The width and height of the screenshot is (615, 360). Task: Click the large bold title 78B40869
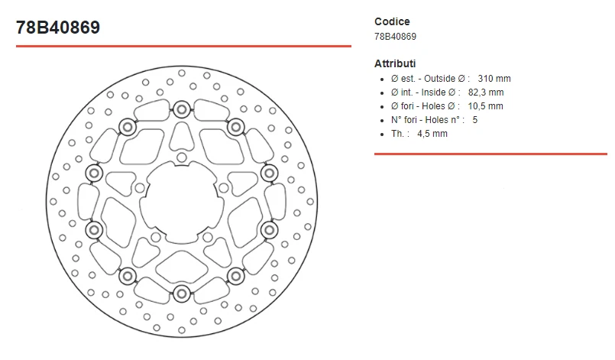click(x=58, y=28)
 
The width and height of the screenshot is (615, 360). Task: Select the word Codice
click(x=392, y=21)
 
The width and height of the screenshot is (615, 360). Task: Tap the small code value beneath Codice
click(x=395, y=36)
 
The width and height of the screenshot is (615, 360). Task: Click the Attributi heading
click(x=395, y=63)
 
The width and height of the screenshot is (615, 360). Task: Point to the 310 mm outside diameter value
click(x=494, y=79)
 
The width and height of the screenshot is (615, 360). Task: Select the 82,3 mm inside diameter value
click(x=485, y=92)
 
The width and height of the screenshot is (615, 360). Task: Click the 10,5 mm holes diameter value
click(x=485, y=106)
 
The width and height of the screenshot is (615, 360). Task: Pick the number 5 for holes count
click(x=475, y=120)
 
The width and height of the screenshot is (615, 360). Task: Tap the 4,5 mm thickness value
click(x=432, y=134)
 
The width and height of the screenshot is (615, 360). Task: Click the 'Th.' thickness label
click(x=398, y=134)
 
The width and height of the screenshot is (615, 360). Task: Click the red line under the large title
click(x=183, y=47)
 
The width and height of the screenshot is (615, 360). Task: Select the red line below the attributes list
click(x=490, y=154)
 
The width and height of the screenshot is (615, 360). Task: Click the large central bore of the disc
click(x=181, y=200)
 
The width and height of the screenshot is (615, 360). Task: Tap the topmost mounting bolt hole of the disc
click(x=181, y=107)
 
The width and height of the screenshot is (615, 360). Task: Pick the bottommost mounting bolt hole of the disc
click(x=181, y=294)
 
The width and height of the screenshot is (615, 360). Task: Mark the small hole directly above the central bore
click(x=181, y=158)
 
